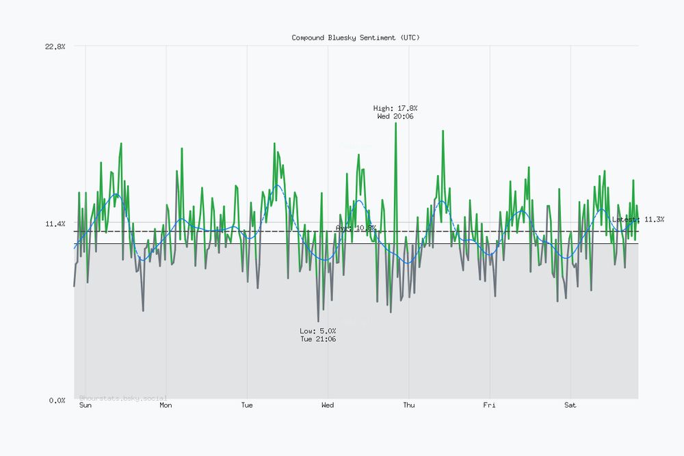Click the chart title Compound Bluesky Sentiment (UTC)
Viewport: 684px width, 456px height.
click(356, 38)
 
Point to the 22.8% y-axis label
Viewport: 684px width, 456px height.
click(55, 46)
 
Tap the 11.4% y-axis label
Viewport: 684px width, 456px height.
click(55, 224)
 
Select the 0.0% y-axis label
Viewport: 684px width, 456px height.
click(57, 400)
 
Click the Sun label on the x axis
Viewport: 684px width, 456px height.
click(85, 405)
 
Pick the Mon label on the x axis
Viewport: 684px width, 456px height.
click(166, 405)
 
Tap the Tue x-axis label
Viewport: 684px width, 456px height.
click(247, 405)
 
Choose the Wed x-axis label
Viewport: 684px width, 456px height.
click(328, 405)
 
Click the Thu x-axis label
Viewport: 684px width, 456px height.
click(408, 405)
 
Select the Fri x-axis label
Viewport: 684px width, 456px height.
click(490, 405)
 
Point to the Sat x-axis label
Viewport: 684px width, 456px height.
click(570, 405)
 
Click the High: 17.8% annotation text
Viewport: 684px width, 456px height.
click(395, 108)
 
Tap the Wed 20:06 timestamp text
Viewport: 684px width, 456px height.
click(395, 116)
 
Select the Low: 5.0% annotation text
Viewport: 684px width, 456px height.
click(318, 331)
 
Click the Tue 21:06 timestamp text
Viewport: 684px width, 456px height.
click(318, 339)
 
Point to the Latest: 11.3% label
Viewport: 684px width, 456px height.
click(638, 219)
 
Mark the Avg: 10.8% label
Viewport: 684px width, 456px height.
click(356, 228)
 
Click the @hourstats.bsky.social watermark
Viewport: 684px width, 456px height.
click(123, 398)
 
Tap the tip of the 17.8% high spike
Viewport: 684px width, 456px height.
click(395, 123)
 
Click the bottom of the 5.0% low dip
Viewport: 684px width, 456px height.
click(318, 321)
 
